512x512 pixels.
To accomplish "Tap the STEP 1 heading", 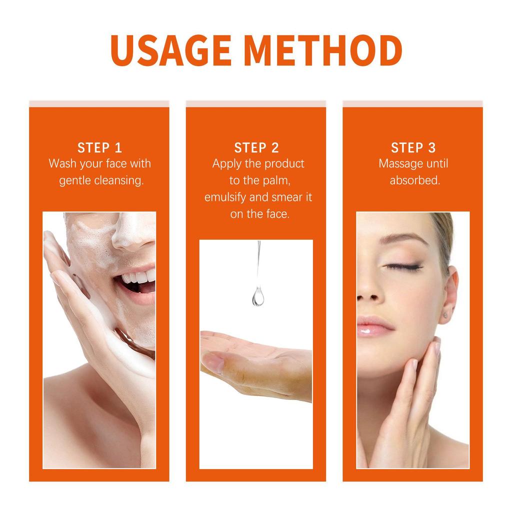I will (x=99, y=147).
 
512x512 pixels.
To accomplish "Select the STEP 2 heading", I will (x=256, y=147).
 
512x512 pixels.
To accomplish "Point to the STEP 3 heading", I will (x=413, y=147).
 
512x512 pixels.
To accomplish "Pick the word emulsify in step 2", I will (x=225, y=197).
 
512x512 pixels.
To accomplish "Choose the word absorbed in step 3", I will (x=415, y=180).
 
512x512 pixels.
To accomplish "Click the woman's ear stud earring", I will (x=444, y=314).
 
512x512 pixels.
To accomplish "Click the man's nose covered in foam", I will (x=131, y=235).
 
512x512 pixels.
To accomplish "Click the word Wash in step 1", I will (x=60, y=164).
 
